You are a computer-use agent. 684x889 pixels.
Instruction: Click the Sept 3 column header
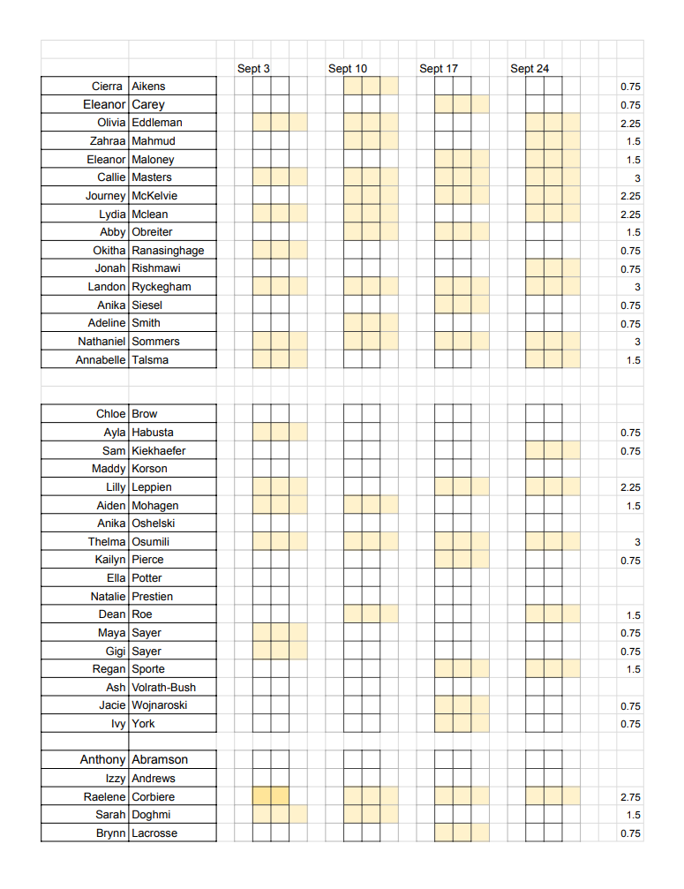tap(253, 69)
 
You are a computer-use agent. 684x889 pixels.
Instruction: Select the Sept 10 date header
tap(348, 69)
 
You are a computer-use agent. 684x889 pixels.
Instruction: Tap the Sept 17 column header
tap(439, 69)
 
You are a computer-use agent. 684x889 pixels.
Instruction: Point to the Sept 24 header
tap(530, 69)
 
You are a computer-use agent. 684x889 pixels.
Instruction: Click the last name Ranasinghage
tap(168, 251)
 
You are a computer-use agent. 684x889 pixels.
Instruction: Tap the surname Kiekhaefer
tap(159, 451)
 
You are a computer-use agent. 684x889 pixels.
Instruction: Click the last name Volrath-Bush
tap(164, 688)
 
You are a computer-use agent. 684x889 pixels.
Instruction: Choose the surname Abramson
tap(160, 760)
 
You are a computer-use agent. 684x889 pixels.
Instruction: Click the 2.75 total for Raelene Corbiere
tap(630, 797)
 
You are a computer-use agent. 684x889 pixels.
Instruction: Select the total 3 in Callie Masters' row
tap(637, 178)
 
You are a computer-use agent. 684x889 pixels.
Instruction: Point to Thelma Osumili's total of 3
tap(637, 542)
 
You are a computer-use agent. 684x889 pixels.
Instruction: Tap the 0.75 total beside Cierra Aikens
tap(630, 87)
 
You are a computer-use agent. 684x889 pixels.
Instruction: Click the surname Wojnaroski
tap(160, 705)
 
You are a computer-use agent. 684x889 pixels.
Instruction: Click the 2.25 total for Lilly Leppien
tap(630, 487)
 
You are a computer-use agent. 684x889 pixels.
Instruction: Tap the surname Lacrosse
tap(154, 833)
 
